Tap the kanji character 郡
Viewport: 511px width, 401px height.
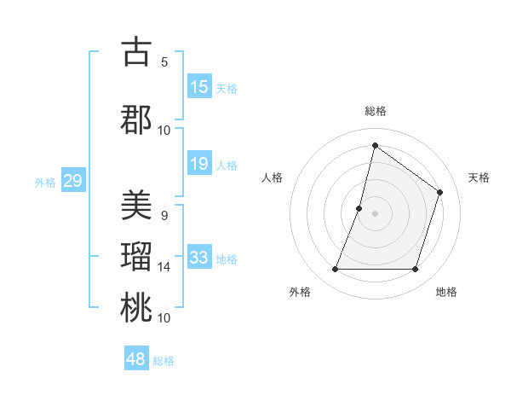[136, 119]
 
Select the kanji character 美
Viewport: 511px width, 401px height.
[136, 206]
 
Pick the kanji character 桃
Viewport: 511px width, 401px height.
[136, 307]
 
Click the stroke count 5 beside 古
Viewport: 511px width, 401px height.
[164, 61]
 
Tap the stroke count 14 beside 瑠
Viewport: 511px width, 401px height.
[164, 267]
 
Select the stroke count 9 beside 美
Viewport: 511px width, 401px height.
[164, 216]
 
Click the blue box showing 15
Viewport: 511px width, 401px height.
[199, 87]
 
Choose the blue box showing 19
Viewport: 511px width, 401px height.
[199, 164]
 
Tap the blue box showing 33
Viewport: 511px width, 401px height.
[199, 258]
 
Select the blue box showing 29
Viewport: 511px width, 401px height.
[72, 181]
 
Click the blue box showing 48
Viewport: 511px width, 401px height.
[136, 359]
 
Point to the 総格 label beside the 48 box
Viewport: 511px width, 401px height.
[164, 361]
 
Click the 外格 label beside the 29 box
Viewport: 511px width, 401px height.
[45, 182]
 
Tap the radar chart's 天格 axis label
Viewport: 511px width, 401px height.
[479, 177]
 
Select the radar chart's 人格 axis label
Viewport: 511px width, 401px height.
[272, 177]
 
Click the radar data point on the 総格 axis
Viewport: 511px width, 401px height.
[375, 145]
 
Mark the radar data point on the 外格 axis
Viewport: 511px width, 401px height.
[335, 270]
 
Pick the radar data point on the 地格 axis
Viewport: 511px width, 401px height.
[415, 270]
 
